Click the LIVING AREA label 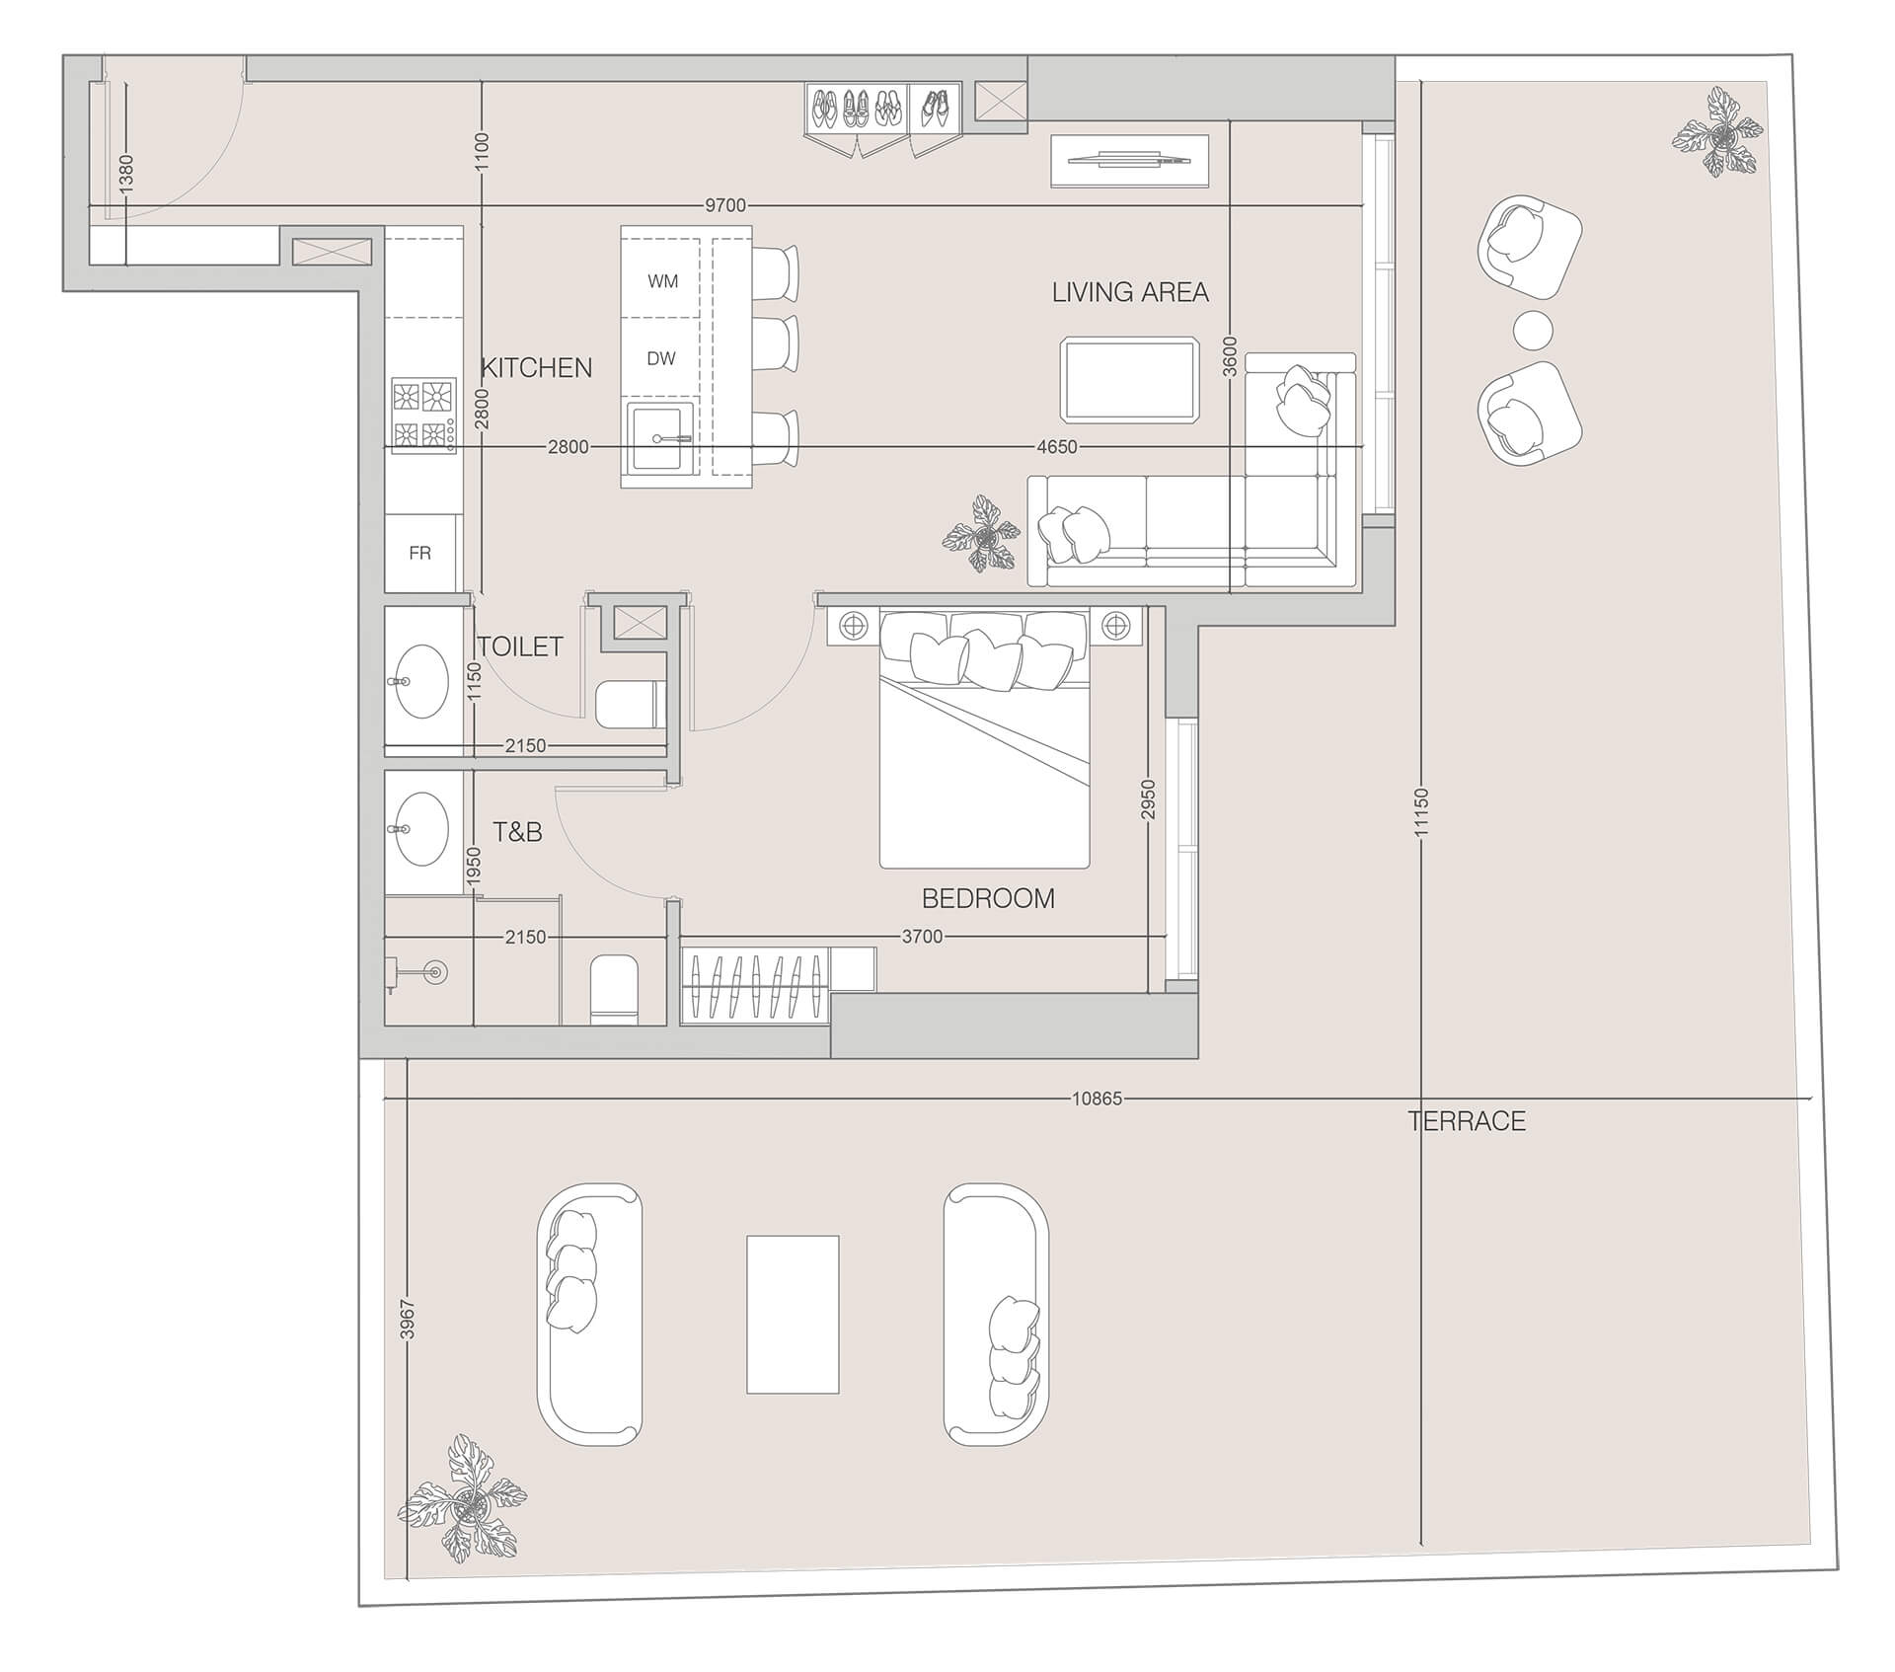tap(1129, 292)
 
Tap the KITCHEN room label tap(536, 368)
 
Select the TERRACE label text tap(1467, 1121)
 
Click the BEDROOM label tap(988, 898)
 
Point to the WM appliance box tap(662, 281)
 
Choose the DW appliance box tap(661, 359)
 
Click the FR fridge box tap(420, 553)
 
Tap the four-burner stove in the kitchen tap(423, 415)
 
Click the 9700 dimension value tap(725, 205)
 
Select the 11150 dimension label tap(1421, 811)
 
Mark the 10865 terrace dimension tap(1097, 1099)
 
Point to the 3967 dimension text tap(408, 1319)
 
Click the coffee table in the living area tap(1130, 379)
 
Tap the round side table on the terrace tap(1532, 329)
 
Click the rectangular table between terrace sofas tap(793, 1314)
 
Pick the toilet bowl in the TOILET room tap(626, 704)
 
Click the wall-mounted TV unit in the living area tap(1129, 160)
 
